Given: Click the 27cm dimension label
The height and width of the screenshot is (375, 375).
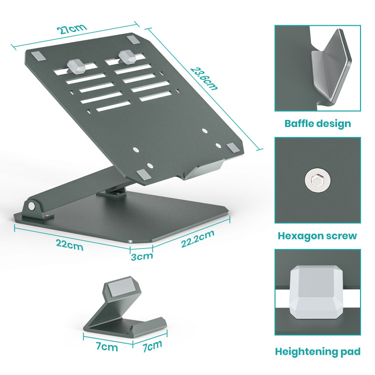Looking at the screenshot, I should coord(72,29).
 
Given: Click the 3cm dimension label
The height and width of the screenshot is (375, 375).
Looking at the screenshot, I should coord(142,256).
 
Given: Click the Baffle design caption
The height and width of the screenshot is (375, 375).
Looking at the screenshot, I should coord(317,124).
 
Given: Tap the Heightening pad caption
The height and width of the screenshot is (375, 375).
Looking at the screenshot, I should coord(317,352).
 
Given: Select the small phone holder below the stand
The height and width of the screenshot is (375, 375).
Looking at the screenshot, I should coord(124,312).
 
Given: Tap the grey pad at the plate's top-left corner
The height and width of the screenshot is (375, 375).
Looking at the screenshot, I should coord(37,55).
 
